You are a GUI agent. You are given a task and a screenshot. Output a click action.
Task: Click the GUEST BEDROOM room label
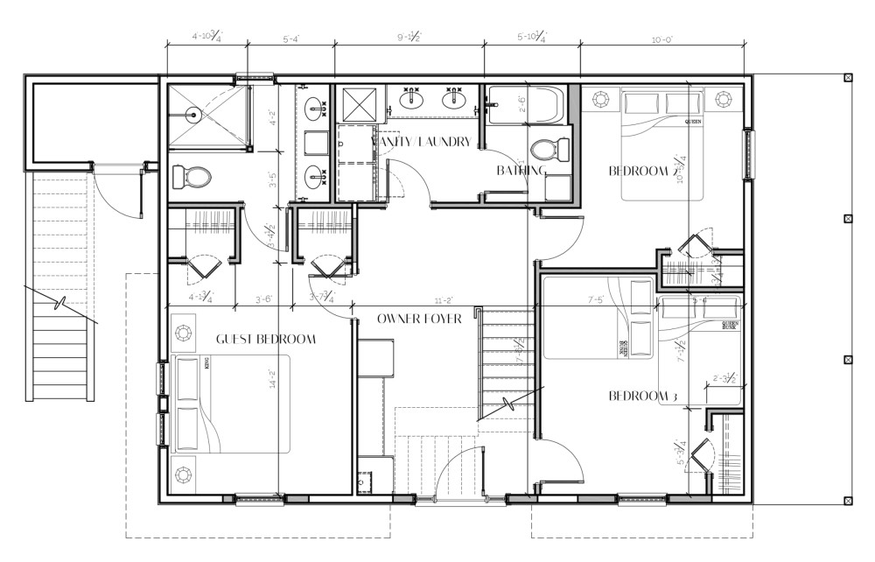[x=265, y=340]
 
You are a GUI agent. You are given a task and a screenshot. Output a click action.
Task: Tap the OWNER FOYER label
[x=419, y=319]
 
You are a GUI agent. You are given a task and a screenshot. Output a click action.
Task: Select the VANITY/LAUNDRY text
[x=422, y=142]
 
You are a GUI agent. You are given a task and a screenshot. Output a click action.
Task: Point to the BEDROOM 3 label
[x=643, y=397]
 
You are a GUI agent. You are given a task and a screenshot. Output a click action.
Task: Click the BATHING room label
[x=521, y=171]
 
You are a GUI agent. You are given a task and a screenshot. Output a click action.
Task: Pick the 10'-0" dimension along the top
[x=661, y=39]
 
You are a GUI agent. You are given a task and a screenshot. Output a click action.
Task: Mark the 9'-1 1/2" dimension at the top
[x=409, y=38]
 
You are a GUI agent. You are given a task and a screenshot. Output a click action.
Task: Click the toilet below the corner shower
[x=192, y=177]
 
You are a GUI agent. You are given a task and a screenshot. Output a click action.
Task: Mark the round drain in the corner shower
[x=192, y=114]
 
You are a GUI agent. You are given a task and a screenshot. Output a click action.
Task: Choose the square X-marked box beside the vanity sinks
[x=356, y=104]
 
